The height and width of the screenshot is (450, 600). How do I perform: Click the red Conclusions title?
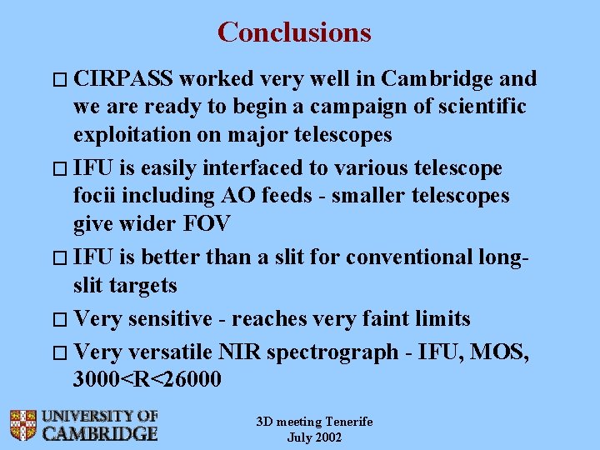(294, 32)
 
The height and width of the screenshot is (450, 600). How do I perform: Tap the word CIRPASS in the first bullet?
(122, 78)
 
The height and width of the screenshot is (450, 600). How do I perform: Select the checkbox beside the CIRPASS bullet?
(60, 80)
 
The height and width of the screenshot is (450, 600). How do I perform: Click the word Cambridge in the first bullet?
(437, 79)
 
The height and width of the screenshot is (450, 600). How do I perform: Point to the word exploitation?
(132, 135)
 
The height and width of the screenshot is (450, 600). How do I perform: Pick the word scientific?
(482, 106)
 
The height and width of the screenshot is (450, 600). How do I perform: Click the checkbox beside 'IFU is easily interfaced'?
(60, 168)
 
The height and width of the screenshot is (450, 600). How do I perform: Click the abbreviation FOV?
(207, 223)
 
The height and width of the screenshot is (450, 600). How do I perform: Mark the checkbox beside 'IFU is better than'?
(60, 257)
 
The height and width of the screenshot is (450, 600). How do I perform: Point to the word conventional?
(409, 257)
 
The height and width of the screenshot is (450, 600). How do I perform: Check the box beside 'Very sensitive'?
(60, 319)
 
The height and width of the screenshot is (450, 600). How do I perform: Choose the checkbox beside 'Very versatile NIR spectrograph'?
(60, 352)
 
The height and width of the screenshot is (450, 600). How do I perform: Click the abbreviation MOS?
(498, 352)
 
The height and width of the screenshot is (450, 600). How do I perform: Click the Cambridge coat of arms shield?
(23, 425)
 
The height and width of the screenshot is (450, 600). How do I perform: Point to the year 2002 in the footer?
(329, 437)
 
